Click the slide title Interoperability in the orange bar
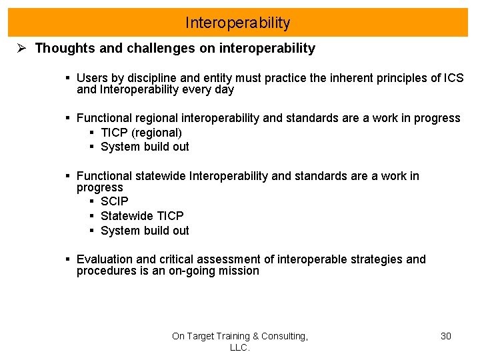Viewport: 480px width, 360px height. (x=238, y=23)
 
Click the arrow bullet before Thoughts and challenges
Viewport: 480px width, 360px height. (x=21, y=49)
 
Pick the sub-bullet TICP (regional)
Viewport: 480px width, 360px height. (x=141, y=132)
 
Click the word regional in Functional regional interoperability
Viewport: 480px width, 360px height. (x=153, y=118)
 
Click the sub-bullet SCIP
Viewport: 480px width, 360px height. (x=114, y=201)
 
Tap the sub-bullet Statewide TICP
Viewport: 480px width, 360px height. (x=142, y=216)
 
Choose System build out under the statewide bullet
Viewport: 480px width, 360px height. (x=145, y=231)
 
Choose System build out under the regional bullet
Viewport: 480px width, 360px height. (x=145, y=147)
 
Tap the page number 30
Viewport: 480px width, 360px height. (x=446, y=336)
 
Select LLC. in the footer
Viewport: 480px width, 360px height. (x=239, y=347)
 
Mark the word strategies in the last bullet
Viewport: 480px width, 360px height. (x=377, y=259)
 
